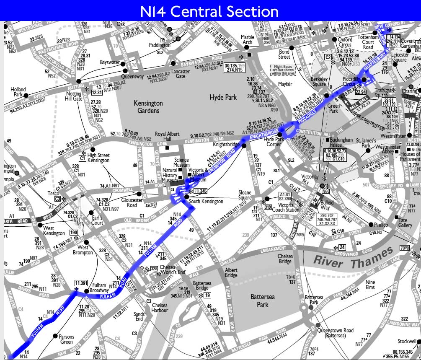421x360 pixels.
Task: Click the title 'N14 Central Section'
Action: tap(210, 11)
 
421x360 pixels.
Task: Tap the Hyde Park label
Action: tap(223, 97)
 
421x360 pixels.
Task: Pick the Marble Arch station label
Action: tap(248, 40)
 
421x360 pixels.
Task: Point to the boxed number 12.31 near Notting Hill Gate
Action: tap(97, 92)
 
